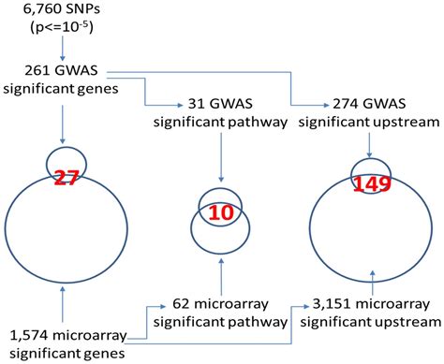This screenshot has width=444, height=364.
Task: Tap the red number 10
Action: coord(220,213)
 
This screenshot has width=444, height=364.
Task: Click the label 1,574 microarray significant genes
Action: coord(66,342)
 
